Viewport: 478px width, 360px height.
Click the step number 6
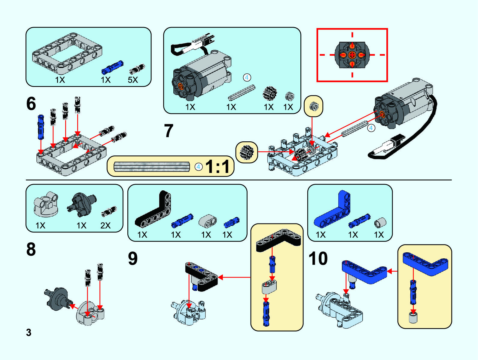(x=31, y=104)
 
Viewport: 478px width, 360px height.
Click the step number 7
(x=169, y=131)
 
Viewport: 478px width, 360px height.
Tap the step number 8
(x=31, y=249)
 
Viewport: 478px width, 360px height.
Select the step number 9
(x=133, y=258)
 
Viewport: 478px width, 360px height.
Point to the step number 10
(x=318, y=258)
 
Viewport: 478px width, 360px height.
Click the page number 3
(x=29, y=332)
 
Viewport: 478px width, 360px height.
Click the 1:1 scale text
(x=218, y=166)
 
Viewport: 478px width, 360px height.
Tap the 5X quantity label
(x=133, y=80)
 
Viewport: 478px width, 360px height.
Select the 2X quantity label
(x=105, y=226)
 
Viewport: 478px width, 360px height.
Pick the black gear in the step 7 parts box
(x=269, y=93)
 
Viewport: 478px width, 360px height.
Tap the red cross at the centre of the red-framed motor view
(x=352, y=55)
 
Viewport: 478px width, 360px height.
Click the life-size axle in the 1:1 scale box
(x=152, y=167)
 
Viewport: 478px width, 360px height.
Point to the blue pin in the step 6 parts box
(x=112, y=67)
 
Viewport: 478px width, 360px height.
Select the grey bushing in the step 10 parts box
(x=380, y=223)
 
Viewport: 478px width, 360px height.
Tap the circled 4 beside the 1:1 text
(x=198, y=167)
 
